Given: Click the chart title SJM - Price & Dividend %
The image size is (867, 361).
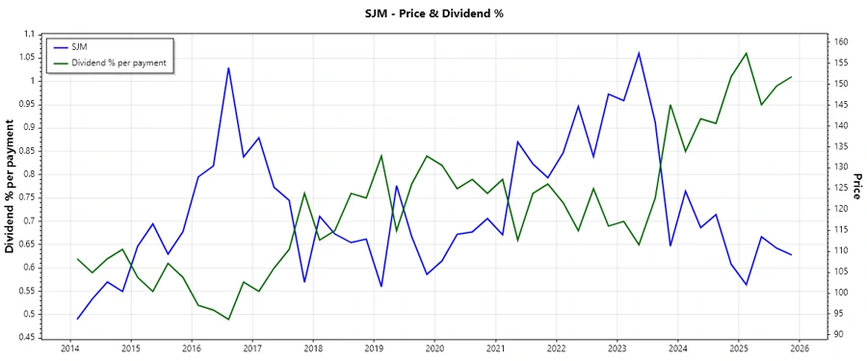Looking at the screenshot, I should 433,13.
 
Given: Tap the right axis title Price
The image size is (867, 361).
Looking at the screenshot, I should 855,187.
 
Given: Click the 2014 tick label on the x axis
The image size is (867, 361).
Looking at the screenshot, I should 70,348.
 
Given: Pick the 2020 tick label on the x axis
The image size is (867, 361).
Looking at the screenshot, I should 434,348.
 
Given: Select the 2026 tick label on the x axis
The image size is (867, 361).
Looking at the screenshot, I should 799,348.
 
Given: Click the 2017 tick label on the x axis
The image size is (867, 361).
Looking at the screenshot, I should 252,348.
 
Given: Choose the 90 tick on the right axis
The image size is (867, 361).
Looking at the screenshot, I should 838,334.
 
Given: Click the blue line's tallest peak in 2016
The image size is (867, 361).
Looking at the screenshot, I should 228,67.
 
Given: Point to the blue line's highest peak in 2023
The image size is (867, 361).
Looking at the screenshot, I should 639,53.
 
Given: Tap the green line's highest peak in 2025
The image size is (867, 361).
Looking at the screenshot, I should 746,53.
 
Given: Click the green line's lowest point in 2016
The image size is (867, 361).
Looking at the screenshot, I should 228,320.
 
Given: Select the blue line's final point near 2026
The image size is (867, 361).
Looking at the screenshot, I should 791,255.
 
